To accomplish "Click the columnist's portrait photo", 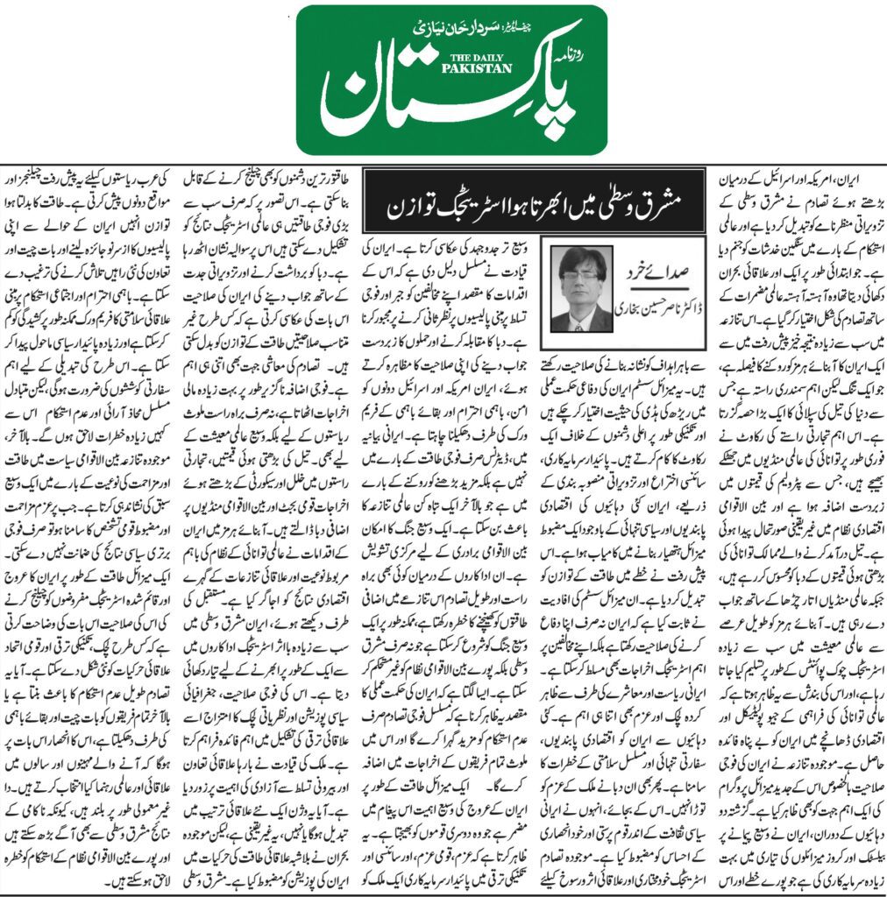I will tap(582, 288).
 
